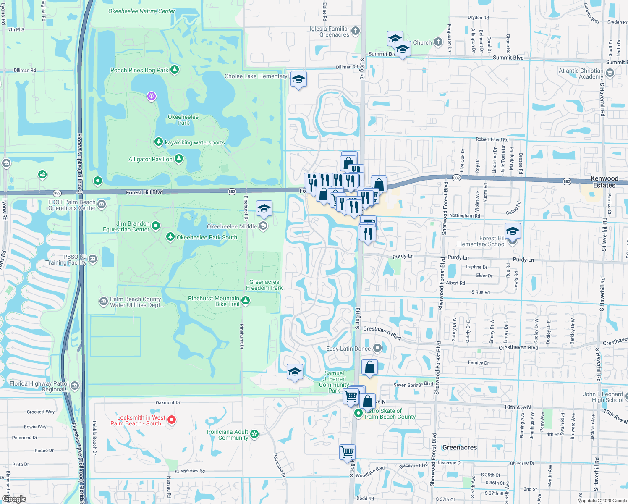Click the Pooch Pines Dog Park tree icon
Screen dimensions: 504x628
click(175, 70)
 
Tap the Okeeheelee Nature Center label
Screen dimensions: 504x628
click(141, 11)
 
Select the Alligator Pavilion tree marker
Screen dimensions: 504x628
click(179, 159)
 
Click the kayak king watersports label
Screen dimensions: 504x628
click(195, 143)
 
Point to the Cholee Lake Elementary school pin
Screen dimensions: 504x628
click(298, 79)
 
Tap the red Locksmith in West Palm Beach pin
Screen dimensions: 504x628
click(172, 420)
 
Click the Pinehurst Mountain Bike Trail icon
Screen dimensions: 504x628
click(246, 300)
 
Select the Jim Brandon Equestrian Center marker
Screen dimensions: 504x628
click(156, 226)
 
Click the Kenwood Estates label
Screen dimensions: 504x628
click(604, 182)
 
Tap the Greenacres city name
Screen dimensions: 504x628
click(460, 448)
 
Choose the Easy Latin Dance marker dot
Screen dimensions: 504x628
click(377, 348)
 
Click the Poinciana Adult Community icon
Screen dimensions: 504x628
click(254, 434)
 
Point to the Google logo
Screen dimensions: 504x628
click(14, 499)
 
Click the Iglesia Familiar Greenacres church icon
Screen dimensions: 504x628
click(356, 30)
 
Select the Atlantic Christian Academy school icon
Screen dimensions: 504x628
click(610, 73)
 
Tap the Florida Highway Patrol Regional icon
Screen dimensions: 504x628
click(74, 386)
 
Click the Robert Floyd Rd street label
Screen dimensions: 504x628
click(492, 139)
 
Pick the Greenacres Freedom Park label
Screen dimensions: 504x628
click(264, 285)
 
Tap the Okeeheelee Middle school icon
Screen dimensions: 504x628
click(263, 226)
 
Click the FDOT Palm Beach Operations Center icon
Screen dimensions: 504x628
click(102, 205)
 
